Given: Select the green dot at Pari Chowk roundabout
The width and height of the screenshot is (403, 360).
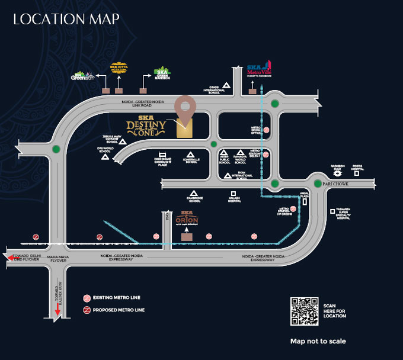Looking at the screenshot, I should click(318, 184).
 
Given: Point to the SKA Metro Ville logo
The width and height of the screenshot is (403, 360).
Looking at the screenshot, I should click(259, 70).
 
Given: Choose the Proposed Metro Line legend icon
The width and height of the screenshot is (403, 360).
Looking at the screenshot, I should click(87, 310).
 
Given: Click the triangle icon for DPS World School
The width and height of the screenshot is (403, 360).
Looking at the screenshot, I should click(105, 157).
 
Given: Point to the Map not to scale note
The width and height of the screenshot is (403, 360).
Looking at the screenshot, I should click(318, 341).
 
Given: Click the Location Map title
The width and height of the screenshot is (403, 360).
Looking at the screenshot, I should click(66, 18).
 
